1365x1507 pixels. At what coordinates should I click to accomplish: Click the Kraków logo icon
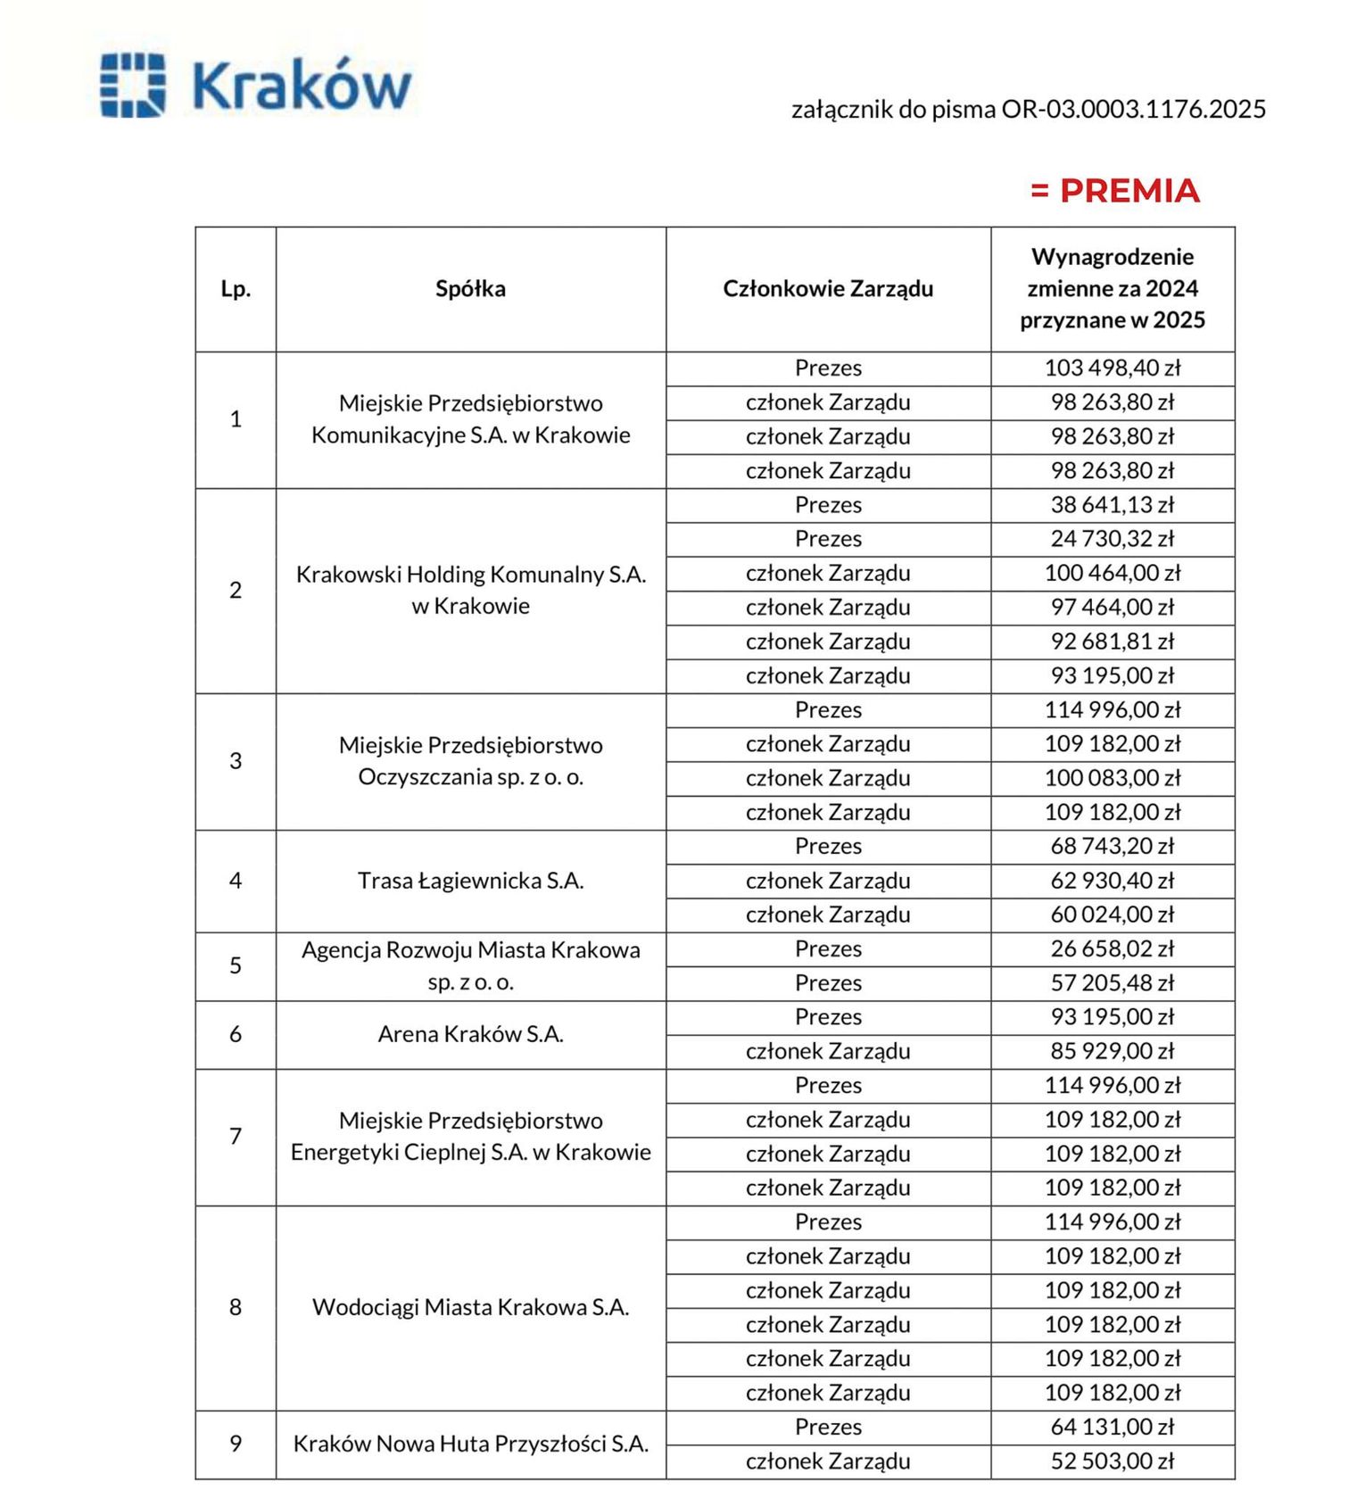pyautogui.click(x=133, y=86)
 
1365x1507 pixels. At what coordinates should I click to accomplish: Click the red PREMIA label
pyautogui.click(x=1115, y=191)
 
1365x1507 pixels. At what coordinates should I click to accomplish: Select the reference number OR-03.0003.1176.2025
pyautogui.click(x=1133, y=109)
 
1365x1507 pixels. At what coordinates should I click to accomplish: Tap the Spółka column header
pyautogui.click(x=470, y=289)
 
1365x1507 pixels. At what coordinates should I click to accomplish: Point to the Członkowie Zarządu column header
pyautogui.click(x=828, y=289)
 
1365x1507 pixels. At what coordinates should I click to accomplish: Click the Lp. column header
pyautogui.click(x=236, y=289)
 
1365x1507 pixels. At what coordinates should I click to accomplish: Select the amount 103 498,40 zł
pyautogui.click(x=1113, y=368)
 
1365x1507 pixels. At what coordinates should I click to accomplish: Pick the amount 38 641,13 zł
pyautogui.click(x=1113, y=505)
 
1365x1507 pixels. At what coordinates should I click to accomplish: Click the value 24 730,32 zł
pyautogui.click(x=1113, y=539)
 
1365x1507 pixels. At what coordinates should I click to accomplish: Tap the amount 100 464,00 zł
pyautogui.click(x=1113, y=573)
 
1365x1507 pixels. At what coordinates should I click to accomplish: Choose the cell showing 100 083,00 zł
pyautogui.click(x=1113, y=778)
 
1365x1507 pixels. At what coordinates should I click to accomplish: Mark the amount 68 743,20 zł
pyautogui.click(x=1113, y=846)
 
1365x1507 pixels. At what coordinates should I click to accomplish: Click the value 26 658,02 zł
pyautogui.click(x=1113, y=948)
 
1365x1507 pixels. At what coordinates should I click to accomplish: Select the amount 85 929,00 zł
pyautogui.click(x=1113, y=1051)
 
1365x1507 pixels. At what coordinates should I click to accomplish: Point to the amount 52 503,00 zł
pyautogui.click(x=1113, y=1461)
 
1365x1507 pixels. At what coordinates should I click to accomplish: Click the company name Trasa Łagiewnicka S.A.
pyautogui.click(x=470, y=881)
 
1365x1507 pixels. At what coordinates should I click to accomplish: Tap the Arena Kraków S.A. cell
pyautogui.click(x=470, y=1034)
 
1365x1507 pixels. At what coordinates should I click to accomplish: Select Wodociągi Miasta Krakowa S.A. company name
pyautogui.click(x=470, y=1307)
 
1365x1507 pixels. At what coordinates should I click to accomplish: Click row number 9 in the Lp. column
pyautogui.click(x=236, y=1444)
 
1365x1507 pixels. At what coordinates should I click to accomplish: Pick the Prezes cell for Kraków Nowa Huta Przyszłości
pyautogui.click(x=828, y=1428)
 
